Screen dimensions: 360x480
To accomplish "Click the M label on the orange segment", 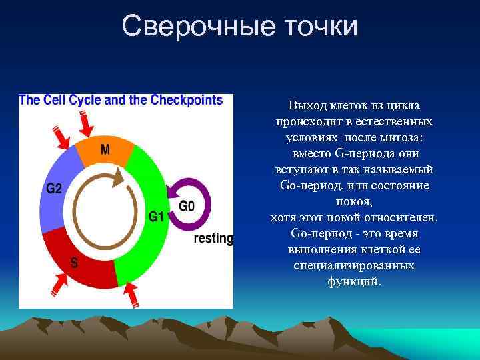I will (105, 149).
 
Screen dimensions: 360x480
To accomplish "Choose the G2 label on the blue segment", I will (54, 189).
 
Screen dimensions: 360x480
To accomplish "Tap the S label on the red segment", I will (74, 263).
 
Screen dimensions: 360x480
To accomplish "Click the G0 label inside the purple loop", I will (187, 206).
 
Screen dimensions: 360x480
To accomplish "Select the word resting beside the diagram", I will (213, 238).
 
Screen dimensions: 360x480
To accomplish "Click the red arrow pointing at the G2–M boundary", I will (61, 137).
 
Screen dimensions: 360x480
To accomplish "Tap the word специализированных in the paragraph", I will (354, 265).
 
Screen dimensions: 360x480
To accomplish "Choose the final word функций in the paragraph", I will (354, 281).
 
